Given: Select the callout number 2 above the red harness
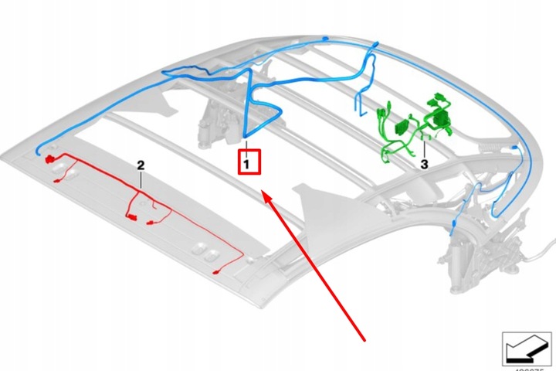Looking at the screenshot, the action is pos(141,165).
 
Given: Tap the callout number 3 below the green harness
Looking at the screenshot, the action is pos(424,165).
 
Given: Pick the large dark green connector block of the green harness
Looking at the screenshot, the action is pos(441,118).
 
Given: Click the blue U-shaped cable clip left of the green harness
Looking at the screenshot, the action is pos(360,104).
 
